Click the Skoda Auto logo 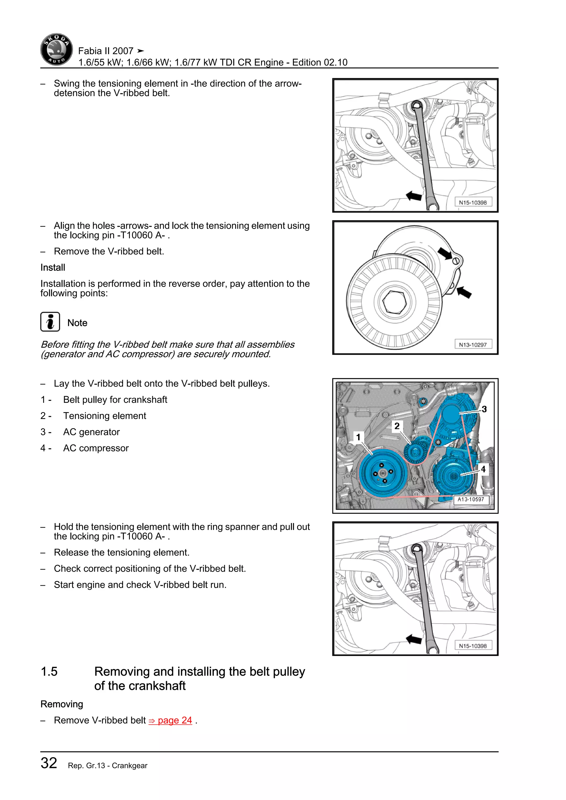56,49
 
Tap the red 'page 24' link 171,720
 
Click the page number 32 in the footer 49,763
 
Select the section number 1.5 49,672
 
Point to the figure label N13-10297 473,344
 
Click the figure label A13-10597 471,499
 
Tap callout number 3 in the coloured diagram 484,409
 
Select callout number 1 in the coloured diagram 358,437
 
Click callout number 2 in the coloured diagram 397,426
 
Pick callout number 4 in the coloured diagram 483,469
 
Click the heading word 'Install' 53,268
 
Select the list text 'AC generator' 91,432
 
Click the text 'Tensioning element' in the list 104,416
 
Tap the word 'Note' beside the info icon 77,323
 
